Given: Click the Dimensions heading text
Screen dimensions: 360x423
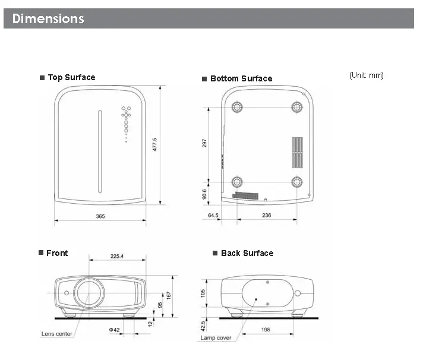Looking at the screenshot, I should pos(48,18).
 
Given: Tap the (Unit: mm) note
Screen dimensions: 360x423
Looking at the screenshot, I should pos(366,75).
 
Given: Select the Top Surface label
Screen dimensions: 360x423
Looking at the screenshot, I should pos(71,77).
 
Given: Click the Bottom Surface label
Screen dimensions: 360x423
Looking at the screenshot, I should pos(241,78).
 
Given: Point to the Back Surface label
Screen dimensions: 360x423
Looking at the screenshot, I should pos(247,253).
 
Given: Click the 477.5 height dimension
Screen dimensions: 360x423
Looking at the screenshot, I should pos(155,145).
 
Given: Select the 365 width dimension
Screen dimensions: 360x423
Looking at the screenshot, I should pos(100,216).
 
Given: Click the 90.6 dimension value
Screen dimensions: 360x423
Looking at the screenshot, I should pos(205,194).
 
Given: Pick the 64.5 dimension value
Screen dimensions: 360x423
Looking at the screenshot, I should pos(213,216).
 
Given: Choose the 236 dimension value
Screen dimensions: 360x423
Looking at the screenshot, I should pos(266,216).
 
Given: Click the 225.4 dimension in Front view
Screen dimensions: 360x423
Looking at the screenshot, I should pos(117,257).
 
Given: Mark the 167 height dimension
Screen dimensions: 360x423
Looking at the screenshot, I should pos(169,295).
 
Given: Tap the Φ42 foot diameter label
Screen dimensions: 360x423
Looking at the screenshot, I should pos(114,329).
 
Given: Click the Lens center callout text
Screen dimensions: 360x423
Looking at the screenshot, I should pos(56,334).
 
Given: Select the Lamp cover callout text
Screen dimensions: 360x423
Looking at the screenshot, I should pos(216,338).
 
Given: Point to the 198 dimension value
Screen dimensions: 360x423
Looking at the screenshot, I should pos(265,329).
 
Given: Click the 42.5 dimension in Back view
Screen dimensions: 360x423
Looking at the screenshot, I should pos(203,326).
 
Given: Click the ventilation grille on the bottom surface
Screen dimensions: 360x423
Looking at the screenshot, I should pos(297,153).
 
